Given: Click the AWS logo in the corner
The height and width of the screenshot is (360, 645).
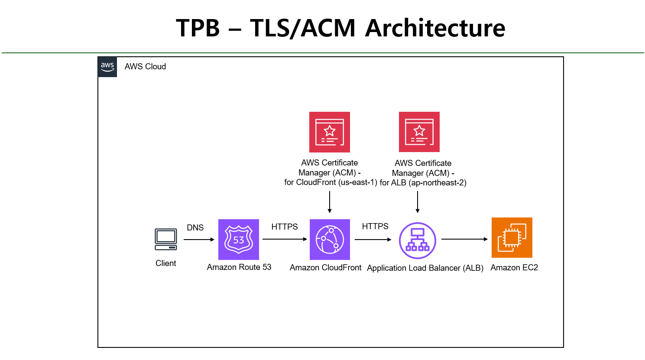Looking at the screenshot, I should tap(107, 67).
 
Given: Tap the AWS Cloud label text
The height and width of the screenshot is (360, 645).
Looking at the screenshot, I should tap(145, 67).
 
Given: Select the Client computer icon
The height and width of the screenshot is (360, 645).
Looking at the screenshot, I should tap(166, 239).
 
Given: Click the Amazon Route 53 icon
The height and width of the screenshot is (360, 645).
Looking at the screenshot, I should tap(239, 239).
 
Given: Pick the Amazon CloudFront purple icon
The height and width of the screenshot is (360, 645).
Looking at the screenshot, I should tap(330, 239).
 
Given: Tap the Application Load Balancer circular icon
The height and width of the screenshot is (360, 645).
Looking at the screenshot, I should tap(417, 240).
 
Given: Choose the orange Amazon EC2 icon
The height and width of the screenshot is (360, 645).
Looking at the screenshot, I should tap(512, 238).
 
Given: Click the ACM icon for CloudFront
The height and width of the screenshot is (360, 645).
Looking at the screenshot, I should tap(330, 132).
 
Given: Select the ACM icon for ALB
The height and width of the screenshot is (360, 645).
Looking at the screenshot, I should tap(419, 132).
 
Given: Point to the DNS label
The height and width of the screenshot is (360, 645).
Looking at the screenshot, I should tap(195, 228).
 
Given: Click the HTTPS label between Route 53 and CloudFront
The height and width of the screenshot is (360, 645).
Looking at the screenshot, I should tap(285, 227).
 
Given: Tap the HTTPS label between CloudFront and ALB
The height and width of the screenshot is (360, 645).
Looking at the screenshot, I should tap(375, 227).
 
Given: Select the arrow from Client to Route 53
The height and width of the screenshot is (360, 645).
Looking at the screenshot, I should tap(199, 239).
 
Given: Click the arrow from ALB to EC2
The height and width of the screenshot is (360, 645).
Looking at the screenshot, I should tap(464, 239).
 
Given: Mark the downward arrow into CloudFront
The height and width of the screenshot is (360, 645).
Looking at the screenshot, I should tap(330, 202).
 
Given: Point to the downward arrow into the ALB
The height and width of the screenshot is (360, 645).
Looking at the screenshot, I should tap(418, 202).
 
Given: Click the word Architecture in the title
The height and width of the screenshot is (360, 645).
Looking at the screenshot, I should tap(435, 28).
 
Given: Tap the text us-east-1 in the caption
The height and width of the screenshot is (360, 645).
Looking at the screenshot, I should tap(357, 182).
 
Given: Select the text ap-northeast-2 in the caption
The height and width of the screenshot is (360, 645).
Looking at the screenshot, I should tap(438, 183).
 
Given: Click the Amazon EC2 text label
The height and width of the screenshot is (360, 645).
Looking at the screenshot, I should tap(514, 268).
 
